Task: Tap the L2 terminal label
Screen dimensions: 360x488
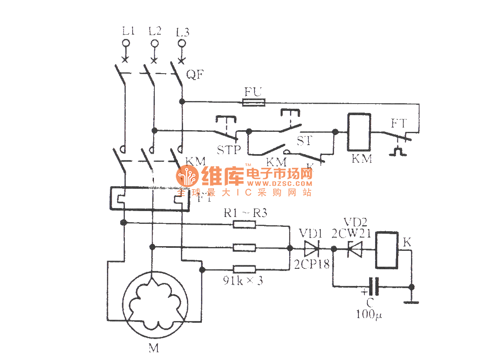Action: tap(155, 31)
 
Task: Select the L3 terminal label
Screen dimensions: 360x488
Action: tap(183, 32)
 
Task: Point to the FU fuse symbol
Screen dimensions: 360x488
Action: tap(254, 102)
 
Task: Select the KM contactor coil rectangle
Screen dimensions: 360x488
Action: tap(359, 132)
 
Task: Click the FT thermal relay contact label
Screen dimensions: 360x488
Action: tap(399, 123)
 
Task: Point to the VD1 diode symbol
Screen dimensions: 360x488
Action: tap(311, 248)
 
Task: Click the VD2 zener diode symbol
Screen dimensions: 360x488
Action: tap(355, 248)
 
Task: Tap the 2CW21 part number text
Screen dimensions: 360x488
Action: tap(351, 233)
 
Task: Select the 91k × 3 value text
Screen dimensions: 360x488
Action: tap(244, 281)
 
